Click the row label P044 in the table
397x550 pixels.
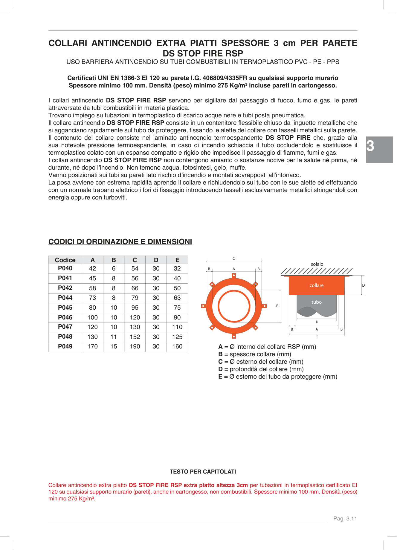65,298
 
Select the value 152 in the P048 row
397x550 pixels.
135,337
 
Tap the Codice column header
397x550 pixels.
65,260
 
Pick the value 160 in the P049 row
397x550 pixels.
177,346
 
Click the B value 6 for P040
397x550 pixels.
114,268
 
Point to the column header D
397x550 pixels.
156,260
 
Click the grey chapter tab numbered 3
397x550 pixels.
379,150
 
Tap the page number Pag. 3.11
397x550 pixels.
345,519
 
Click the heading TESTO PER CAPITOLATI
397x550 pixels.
203,472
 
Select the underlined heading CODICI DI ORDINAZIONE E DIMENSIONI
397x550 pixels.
120,242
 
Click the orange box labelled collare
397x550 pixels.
316,285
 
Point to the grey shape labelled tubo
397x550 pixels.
316,302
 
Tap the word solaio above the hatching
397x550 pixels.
317,264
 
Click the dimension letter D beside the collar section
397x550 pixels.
364,285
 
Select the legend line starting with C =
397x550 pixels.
261,362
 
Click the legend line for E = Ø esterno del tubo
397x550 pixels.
277,377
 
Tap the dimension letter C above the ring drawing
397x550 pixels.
234,259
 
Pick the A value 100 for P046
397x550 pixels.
93,317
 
